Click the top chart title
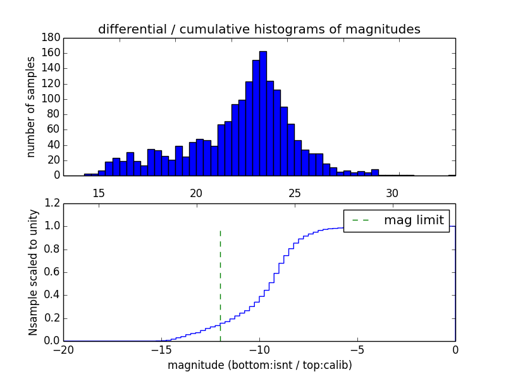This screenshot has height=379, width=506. coord(259,29)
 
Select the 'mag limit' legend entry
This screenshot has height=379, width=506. coord(396,220)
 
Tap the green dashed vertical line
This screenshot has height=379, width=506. coord(220,284)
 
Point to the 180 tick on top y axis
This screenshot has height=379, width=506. coord(51,38)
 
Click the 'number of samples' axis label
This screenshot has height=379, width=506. coord(31,107)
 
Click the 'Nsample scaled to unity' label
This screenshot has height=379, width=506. coord(33,272)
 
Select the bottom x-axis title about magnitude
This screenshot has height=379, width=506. coord(259,365)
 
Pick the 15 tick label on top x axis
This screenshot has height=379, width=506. coord(99,192)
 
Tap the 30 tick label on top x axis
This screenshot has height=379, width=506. coord(392,192)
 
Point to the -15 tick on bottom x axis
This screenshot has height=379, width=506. coord(161,349)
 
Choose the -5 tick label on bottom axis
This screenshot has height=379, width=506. coord(357,349)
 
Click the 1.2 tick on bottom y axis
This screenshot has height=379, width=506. coord(52,203)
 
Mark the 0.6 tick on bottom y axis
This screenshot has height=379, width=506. coord(52,272)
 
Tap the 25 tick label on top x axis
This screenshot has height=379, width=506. coord(294,192)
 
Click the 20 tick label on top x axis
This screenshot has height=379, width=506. coord(196,192)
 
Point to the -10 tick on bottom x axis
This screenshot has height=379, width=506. coord(259,349)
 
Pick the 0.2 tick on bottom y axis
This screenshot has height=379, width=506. coord(52,318)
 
